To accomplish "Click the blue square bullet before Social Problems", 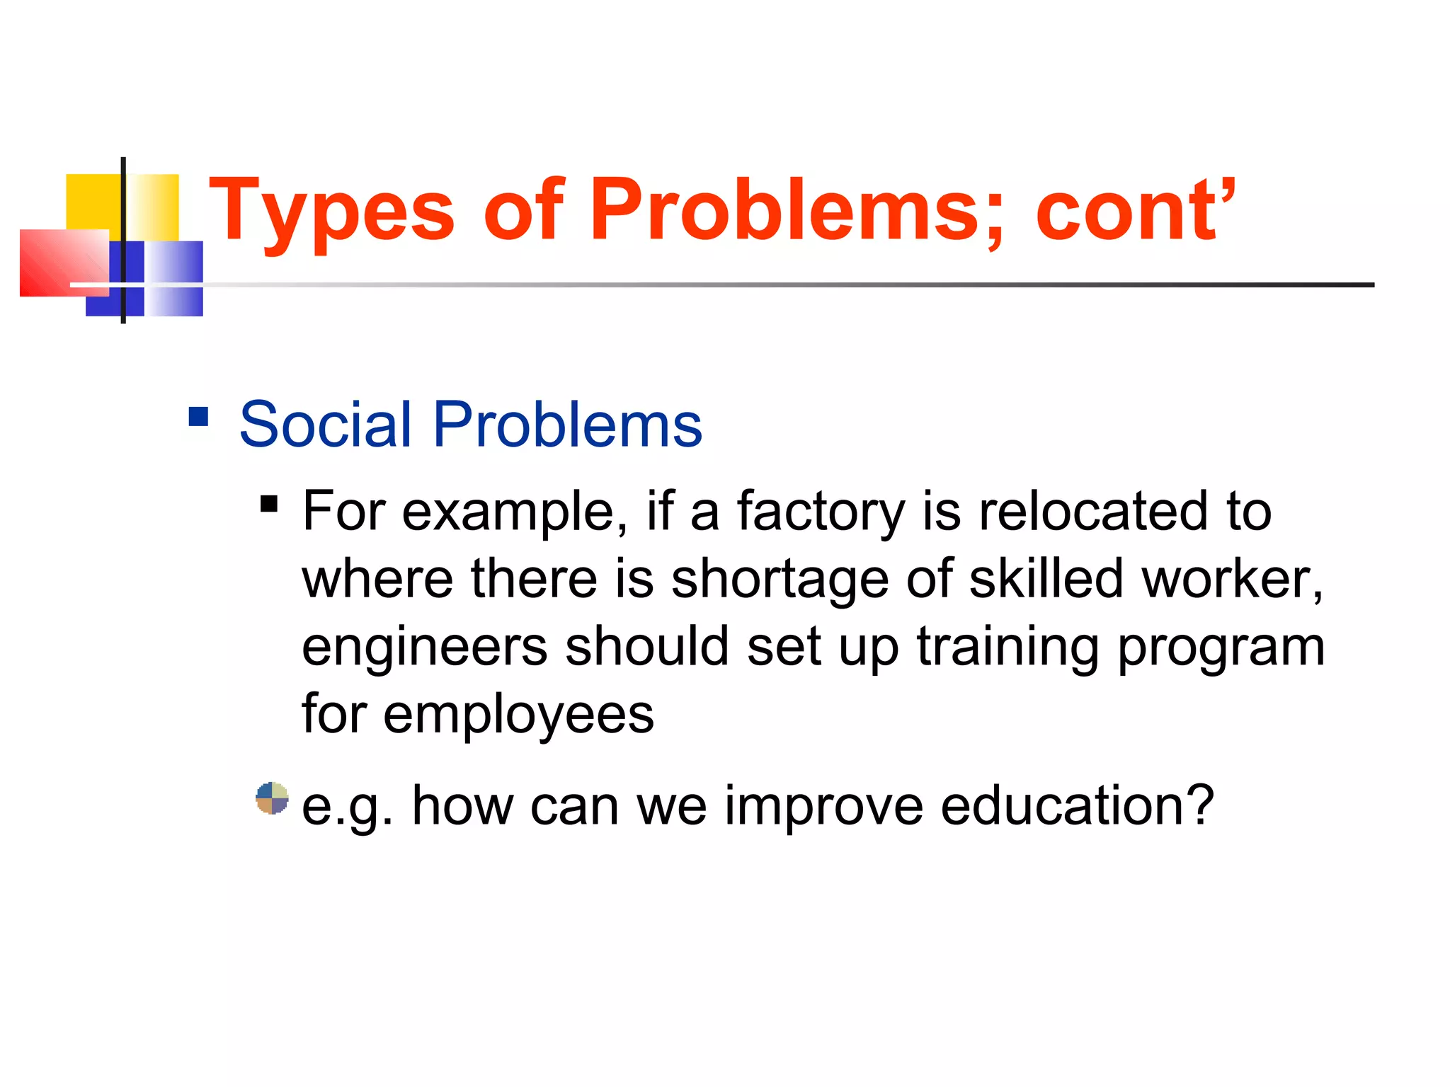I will [198, 416].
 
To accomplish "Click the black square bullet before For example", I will [269, 504].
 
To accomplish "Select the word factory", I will [821, 512].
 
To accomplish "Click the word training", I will [1007, 648].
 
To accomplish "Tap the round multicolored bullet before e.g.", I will [272, 798].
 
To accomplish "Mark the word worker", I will [1232, 579].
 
